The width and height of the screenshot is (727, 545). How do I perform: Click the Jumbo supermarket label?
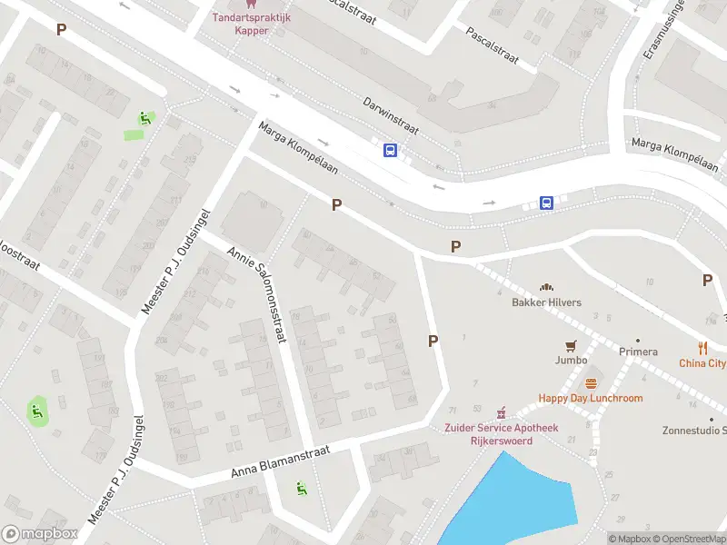pos(572,360)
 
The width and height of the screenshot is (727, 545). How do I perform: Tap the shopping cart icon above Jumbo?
pos(572,345)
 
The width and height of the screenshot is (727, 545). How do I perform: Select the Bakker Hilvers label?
pos(546,302)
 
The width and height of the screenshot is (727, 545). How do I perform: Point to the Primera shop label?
pos(637,352)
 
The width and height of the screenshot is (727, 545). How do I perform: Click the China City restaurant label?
pos(702,363)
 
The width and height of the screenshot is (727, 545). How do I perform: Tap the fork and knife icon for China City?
pos(702,347)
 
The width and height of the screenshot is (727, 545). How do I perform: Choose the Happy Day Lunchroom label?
pos(591,398)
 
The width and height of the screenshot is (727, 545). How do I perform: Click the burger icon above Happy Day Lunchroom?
pos(591,383)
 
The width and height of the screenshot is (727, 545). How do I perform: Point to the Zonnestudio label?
pos(694,431)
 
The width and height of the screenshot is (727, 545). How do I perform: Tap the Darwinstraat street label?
pos(389,114)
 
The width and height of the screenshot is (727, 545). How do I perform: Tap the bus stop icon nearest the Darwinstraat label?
pos(391,151)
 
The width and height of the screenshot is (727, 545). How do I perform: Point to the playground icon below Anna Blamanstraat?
pos(301,489)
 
